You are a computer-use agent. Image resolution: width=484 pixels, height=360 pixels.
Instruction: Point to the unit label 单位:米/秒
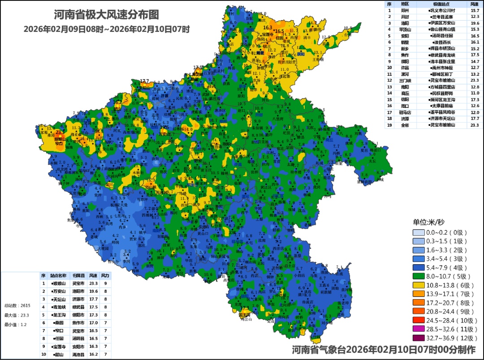(428, 222)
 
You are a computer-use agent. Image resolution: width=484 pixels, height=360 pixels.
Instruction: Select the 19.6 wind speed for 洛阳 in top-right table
(475, 23)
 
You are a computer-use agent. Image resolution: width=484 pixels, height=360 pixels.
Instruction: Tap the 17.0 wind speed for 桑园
(93, 322)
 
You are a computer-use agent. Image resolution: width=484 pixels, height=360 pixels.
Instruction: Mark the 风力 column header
(105, 275)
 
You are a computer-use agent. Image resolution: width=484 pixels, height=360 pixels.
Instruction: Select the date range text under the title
(107, 29)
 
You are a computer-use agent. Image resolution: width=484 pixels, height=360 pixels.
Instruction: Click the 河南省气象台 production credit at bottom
(384, 350)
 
